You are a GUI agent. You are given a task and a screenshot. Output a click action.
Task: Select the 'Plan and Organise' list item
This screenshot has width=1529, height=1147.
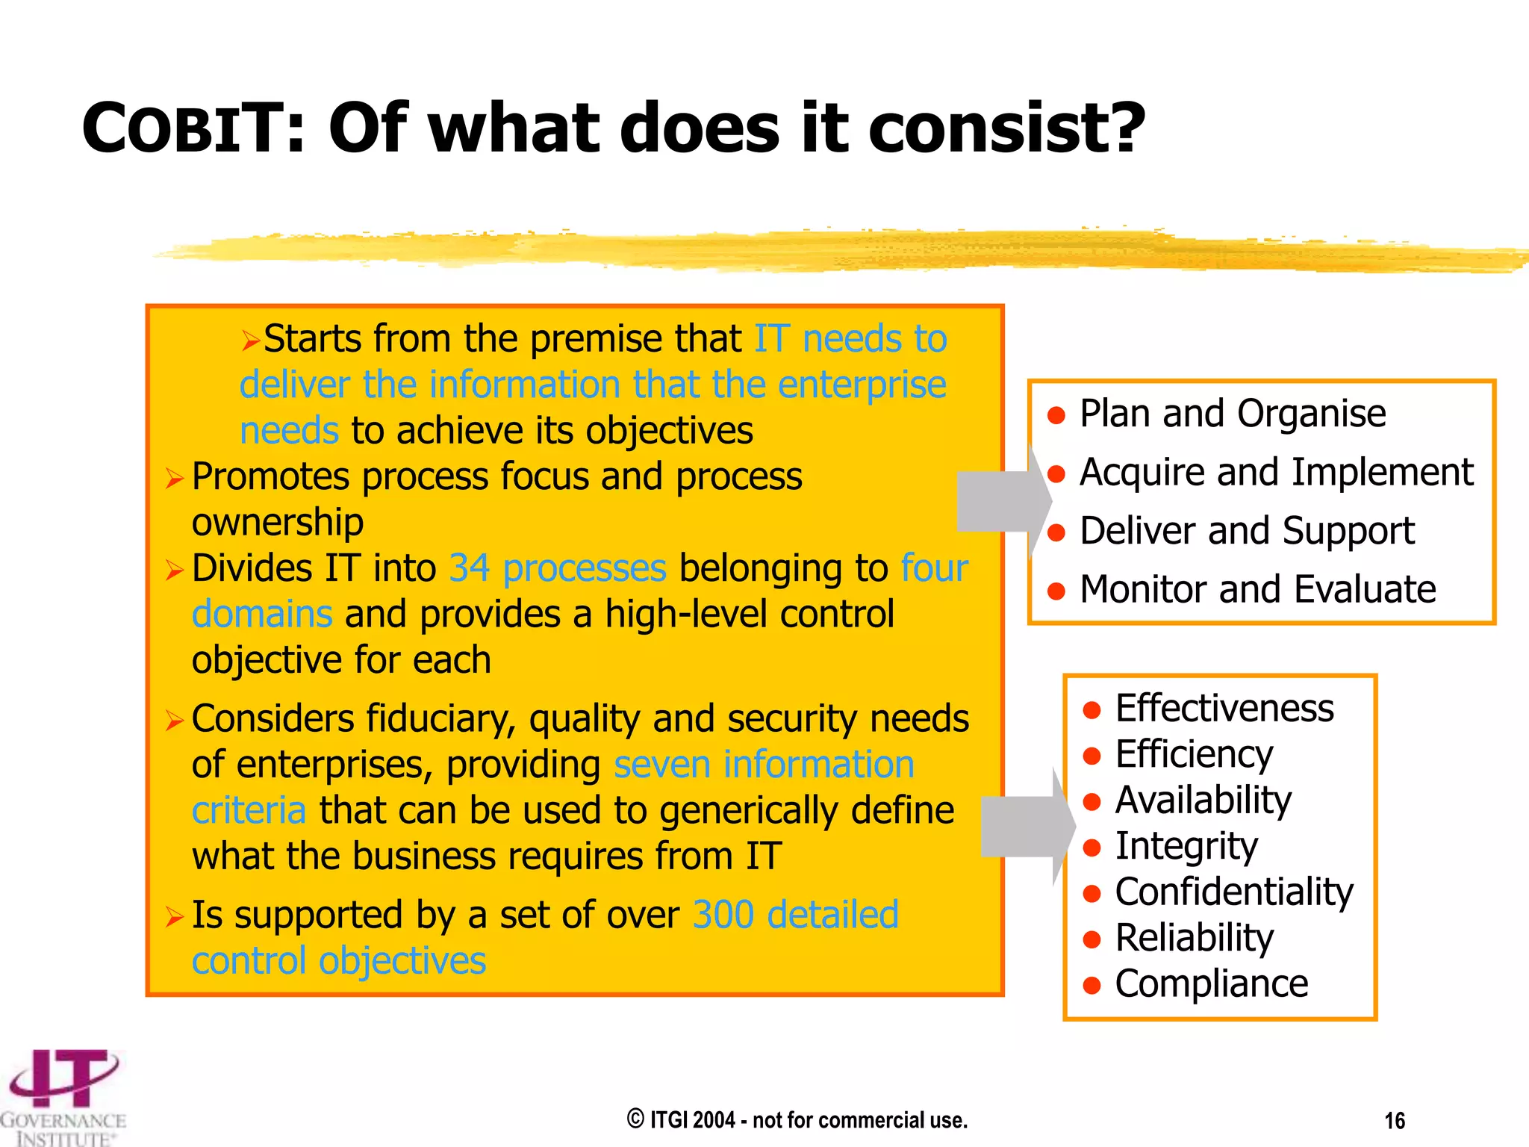(x=1232, y=414)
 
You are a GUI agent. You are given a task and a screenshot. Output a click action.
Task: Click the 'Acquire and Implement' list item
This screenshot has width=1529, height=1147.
(x=1276, y=472)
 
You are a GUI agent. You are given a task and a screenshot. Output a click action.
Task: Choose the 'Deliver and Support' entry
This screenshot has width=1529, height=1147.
(x=1246, y=531)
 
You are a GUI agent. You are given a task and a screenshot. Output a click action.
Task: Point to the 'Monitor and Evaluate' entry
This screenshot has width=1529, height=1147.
(x=1257, y=589)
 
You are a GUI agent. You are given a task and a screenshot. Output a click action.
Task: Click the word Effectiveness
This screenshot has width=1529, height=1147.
(x=1224, y=708)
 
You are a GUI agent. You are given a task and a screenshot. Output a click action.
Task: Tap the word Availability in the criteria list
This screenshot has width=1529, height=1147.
(x=1203, y=801)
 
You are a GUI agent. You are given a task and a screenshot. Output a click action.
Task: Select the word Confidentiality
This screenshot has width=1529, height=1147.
(x=1233, y=892)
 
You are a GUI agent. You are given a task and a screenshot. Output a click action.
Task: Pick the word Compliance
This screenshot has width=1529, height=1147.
(x=1211, y=983)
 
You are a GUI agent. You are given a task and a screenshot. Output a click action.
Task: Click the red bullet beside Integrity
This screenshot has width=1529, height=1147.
(x=1092, y=848)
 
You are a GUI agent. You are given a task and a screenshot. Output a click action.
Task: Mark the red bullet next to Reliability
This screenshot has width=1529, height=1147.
(x=1092, y=939)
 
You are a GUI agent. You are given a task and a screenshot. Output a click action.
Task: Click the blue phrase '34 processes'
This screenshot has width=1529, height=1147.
(x=557, y=568)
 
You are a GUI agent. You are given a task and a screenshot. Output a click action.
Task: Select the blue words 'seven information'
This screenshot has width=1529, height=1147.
(x=764, y=765)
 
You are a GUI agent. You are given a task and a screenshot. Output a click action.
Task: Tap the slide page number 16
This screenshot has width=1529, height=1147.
(x=1394, y=1121)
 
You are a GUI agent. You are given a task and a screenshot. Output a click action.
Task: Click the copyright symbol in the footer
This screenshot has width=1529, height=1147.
(x=635, y=1119)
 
